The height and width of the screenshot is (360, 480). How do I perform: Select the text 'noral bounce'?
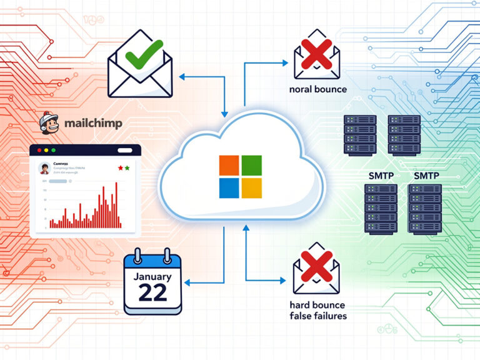pos(317,89)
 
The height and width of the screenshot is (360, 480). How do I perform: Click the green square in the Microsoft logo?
pos(252,165)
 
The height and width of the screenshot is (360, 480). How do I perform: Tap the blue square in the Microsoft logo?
pos(229,187)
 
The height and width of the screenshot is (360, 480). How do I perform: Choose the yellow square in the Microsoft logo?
pos(252,187)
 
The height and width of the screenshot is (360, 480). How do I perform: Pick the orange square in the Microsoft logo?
pos(229,165)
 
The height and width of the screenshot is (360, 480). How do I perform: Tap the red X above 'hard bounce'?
pos(317,266)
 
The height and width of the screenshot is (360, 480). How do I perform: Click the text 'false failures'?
pos(319,316)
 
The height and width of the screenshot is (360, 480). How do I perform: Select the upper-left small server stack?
pos(359,135)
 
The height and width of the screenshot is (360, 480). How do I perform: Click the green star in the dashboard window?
pos(127,168)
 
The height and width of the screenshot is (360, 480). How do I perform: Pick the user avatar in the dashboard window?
pos(44,169)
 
